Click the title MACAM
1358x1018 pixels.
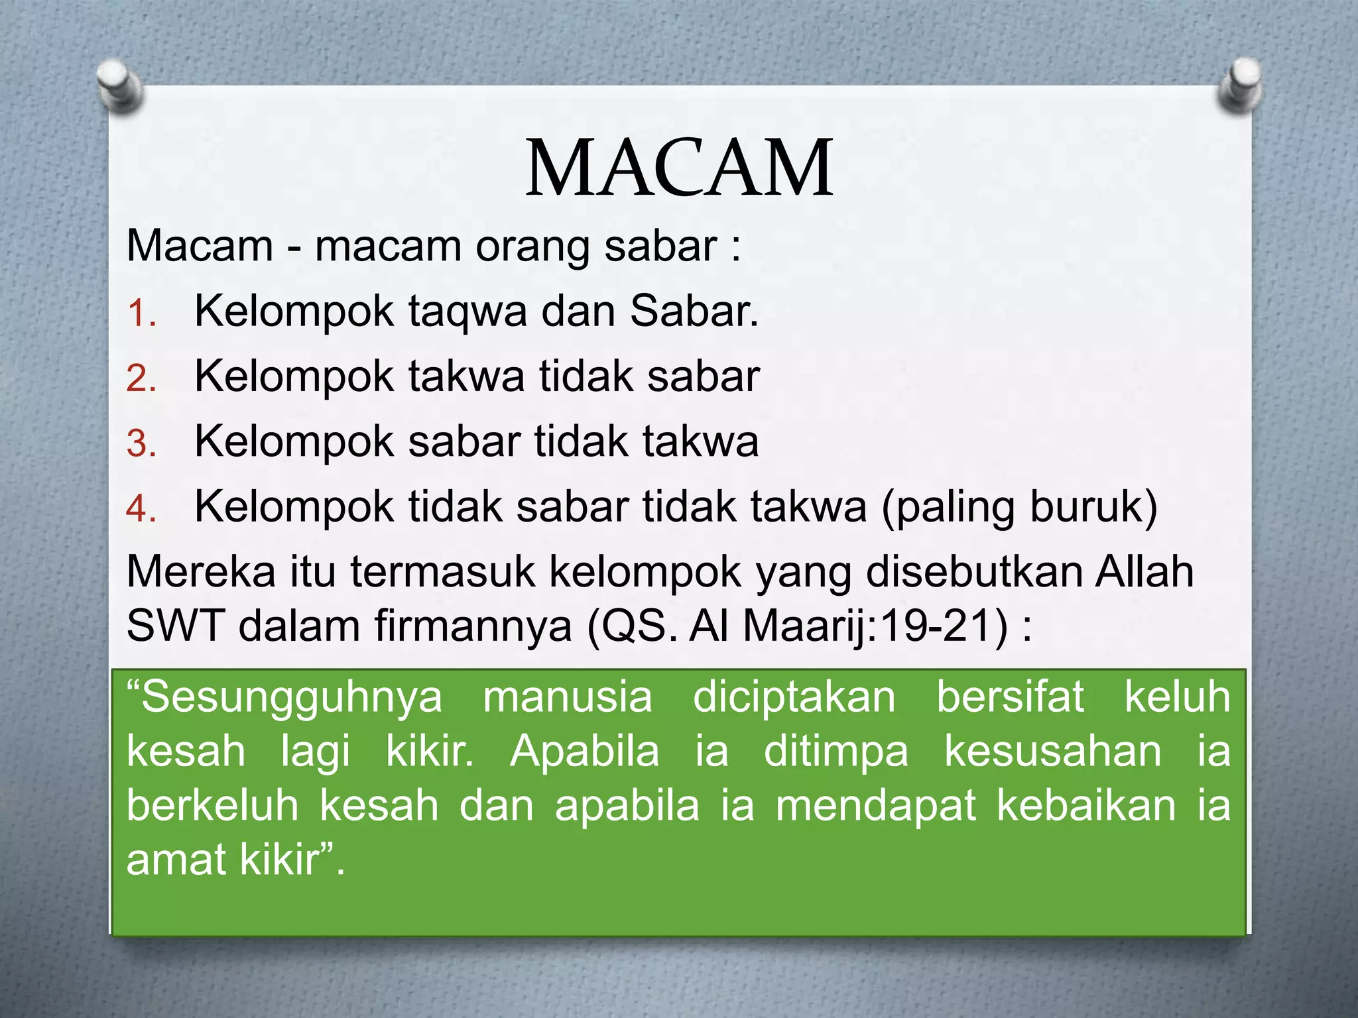(679, 169)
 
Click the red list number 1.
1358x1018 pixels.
(141, 313)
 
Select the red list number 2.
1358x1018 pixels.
(141, 379)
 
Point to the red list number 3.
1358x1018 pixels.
(141, 444)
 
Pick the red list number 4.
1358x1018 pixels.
(141, 509)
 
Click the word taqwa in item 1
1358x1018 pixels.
(467, 311)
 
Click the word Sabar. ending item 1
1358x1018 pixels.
(694, 310)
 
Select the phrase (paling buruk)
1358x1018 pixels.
(1019, 508)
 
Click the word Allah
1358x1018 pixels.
(1144, 571)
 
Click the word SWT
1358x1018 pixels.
(175, 626)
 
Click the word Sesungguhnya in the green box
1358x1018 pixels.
(285, 698)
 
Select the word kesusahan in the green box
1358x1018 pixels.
(1052, 752)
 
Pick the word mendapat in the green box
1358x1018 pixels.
(875, 806)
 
